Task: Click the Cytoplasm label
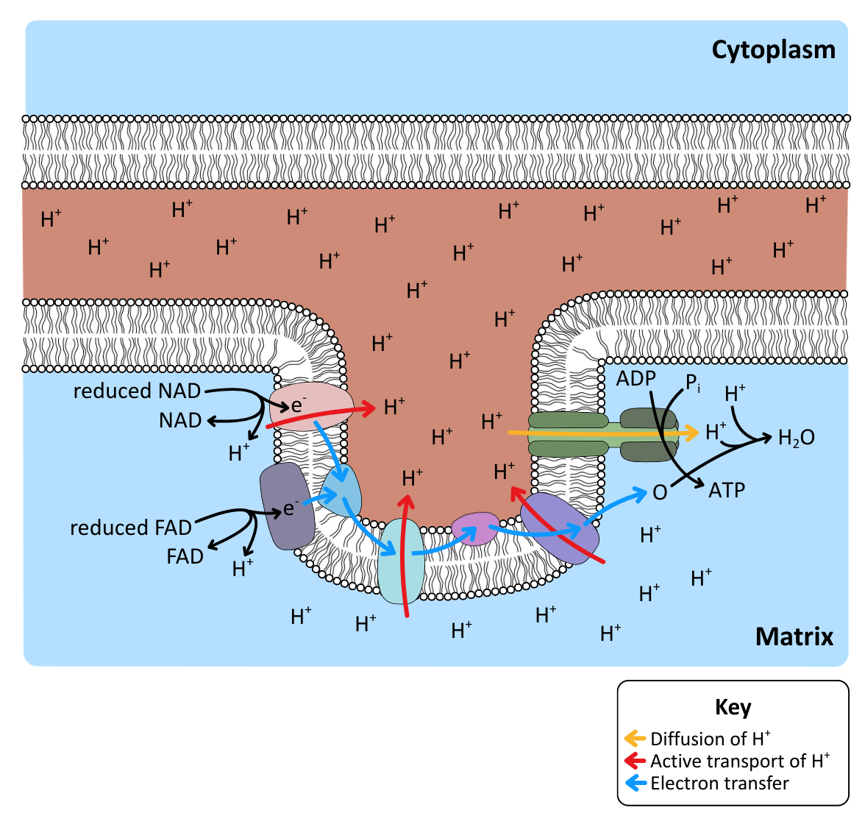tap(773, 50)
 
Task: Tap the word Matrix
tap(794, 636)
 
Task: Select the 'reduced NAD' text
tap(137, 391)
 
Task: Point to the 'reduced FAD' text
tap(131, 528)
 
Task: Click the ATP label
tap(727, 490)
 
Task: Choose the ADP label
tap(636, 378)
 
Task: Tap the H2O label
tap(796, 438)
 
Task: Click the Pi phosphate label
tap(692, 383)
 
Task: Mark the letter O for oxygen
tap(660, 493)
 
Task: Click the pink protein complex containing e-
tap(310, 405)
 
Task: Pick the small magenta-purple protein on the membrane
tap(475, 528)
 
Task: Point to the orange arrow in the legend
tap(635, 737)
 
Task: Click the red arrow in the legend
tap(635, 760)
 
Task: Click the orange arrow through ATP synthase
tap(603, 433)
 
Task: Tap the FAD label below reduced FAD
tap(185, 556)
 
